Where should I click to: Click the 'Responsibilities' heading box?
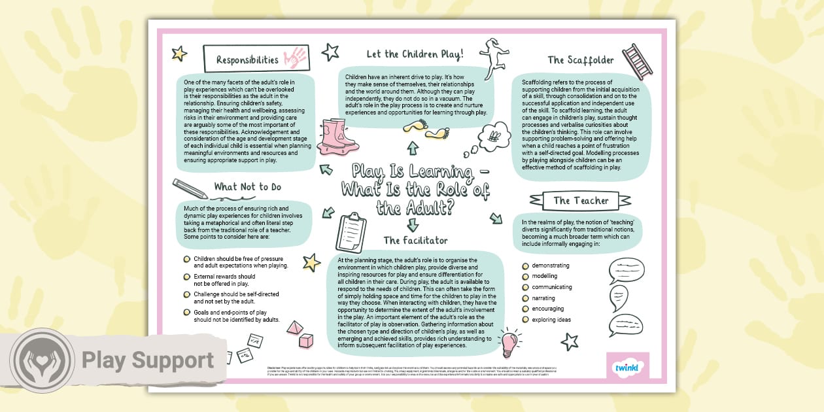pos(247,60)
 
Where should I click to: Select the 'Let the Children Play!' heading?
pos(415,53)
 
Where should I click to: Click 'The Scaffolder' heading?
pos(581,60)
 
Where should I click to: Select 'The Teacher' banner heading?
pos(580,201)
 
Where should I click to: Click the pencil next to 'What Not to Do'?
pos(190,187)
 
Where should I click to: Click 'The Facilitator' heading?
pos(415,241)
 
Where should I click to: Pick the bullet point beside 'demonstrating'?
pos(524,266)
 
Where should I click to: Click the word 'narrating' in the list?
pos(548,298)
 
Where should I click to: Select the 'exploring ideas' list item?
pos(551,320)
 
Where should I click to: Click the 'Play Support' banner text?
pos(147,360)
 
